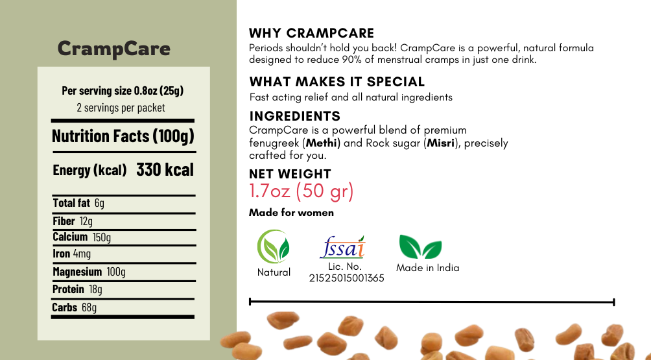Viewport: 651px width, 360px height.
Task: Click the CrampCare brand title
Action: pos(113,49)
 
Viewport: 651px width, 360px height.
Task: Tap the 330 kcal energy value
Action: pos(165,169)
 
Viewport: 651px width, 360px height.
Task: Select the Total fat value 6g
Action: pos(99,203)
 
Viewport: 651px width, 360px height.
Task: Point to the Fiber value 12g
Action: pos(86,221)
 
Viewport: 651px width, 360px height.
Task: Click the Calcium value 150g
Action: pos(101,237)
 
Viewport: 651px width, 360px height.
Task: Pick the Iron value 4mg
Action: pos(82,253)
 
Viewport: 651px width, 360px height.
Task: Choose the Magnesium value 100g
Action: pos(116,272)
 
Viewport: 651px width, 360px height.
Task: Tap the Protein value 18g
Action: pos(95,289)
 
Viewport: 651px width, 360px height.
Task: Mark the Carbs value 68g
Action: pos(89,307)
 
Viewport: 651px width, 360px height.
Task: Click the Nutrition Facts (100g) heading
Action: pos(123,136)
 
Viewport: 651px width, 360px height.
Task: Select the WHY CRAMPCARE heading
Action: pos(311,33)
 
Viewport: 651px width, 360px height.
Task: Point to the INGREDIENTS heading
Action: pos(295,116)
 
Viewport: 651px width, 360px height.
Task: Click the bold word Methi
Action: pos(323,143)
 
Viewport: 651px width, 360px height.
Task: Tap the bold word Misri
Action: pos(440,143)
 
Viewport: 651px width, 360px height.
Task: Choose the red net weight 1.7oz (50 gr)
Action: pos(302,191)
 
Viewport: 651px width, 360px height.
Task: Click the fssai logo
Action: pos(343,247)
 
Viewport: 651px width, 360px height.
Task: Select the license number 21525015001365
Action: pos(347,278)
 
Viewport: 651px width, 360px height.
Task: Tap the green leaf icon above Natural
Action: pos(273,246)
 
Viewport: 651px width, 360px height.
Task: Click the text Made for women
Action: pos(291,213)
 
